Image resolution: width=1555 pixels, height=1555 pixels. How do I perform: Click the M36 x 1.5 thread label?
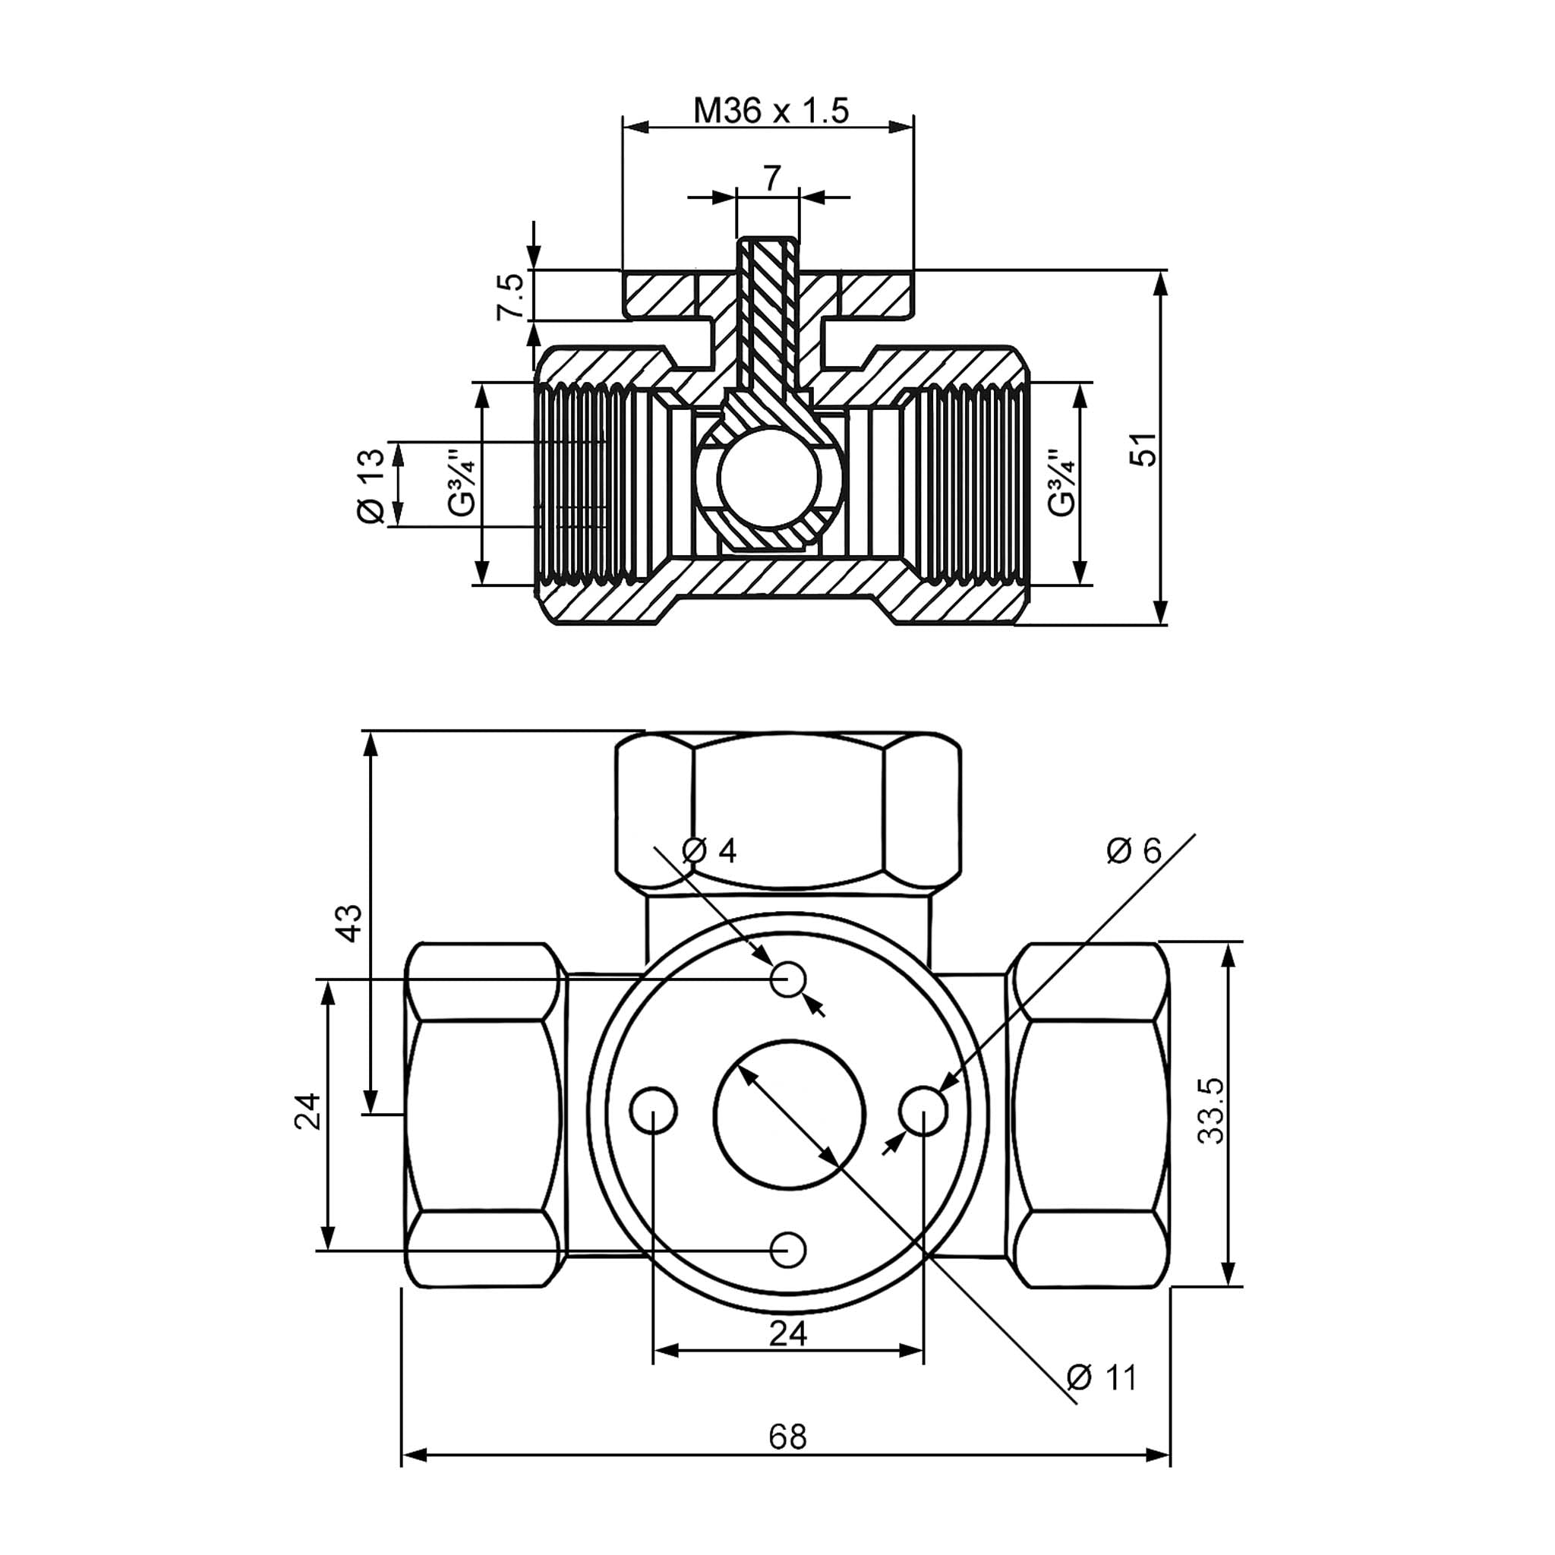[x=770, y=110]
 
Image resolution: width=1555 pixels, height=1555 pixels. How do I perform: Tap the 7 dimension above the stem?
[x=771, y=178]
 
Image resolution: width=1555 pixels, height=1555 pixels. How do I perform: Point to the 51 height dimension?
[x=1143, y=448]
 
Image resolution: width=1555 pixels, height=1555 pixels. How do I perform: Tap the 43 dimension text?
[x=349, y=923]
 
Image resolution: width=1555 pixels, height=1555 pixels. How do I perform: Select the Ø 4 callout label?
[x=709, y=850]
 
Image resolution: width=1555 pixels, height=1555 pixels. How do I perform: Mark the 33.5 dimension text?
[x=1210, y=1112]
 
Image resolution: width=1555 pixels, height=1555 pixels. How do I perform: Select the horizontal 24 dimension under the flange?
[x=788, y=1333]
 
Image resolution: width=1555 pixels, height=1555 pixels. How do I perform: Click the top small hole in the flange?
[x=789, y=979]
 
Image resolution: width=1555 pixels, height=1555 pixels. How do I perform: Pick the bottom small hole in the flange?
[x=789, y=1250]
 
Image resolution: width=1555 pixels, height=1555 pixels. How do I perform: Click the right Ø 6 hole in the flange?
[x=923, y=1112]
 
